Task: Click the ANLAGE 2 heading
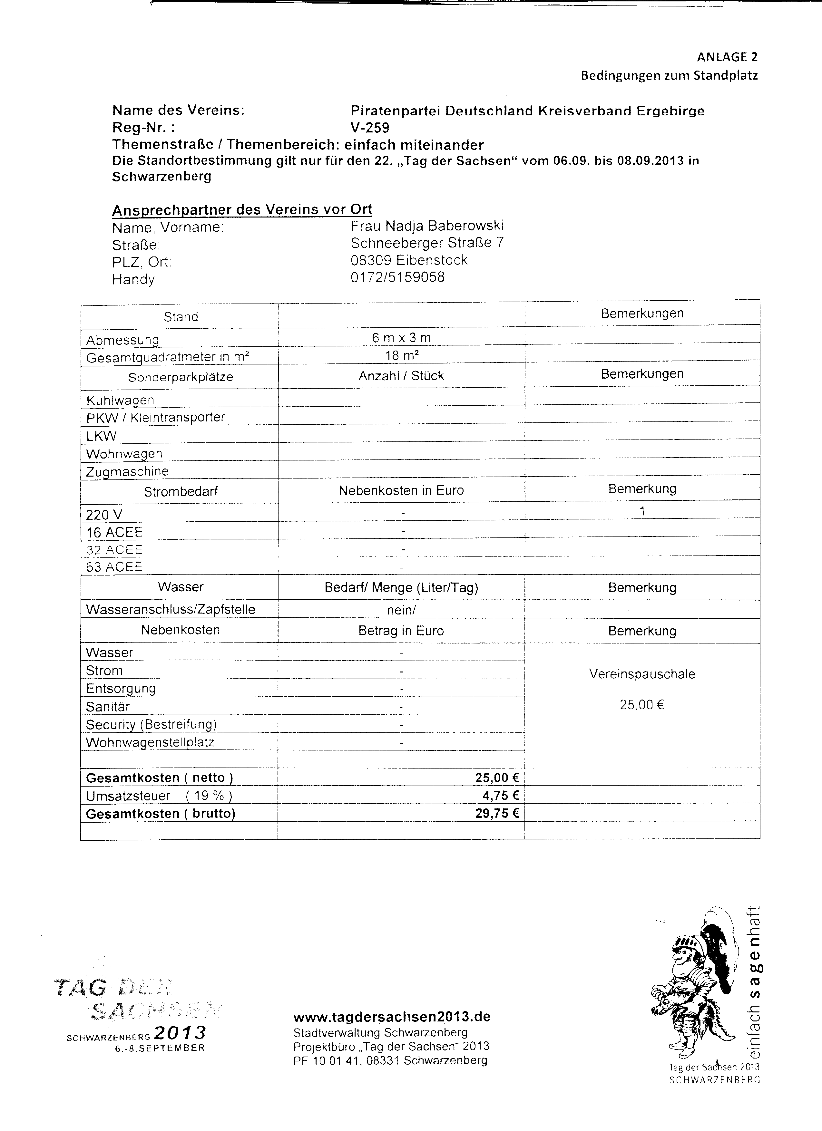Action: tap(727, 57)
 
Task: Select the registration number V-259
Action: tap(370, 128)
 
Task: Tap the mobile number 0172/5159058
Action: tap(397, 277)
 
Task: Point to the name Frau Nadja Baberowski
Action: tap(427, 226)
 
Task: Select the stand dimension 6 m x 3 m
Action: tap(401, 338)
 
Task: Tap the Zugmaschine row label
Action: tap(127, 471)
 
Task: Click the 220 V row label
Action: tap(104, 515)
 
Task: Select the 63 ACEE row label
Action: tap(114, 567)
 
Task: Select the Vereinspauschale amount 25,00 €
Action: tap(642, 705)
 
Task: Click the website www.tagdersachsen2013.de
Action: tap(392, 1017)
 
